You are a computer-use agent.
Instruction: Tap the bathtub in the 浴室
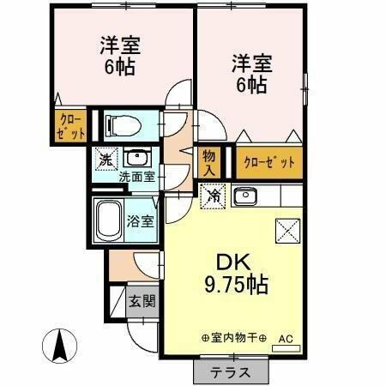(108, 220)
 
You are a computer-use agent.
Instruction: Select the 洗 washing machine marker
(106, 160)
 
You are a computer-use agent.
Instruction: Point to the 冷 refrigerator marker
(213, 195)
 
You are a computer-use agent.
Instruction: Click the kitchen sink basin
(244, 195)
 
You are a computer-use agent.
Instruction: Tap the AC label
(285, 339)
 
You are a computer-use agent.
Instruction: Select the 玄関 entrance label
(142, 301)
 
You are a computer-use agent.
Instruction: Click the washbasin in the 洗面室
(136, 158)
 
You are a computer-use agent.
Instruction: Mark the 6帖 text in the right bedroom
(250, 86)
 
